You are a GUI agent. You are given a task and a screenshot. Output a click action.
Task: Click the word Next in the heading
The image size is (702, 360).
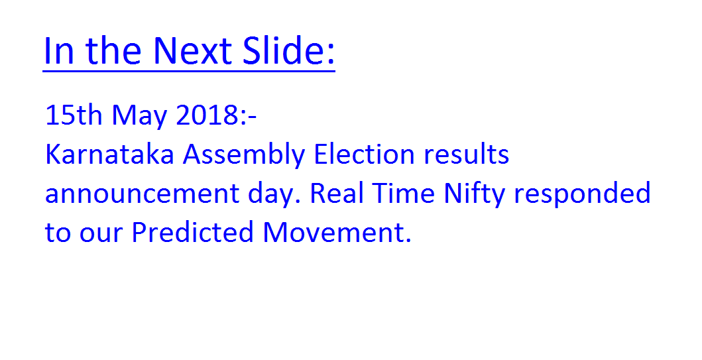192,50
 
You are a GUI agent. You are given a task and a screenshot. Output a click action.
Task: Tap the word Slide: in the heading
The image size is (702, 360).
289,50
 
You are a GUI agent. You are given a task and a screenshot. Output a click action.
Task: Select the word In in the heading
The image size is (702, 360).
58,50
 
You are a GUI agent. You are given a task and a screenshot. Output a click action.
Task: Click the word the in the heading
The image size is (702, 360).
113,50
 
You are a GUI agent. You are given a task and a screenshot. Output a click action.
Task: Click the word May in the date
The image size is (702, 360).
140,117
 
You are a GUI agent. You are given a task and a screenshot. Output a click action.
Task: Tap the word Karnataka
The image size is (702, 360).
109,154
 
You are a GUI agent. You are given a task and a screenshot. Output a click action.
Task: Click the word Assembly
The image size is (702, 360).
244,156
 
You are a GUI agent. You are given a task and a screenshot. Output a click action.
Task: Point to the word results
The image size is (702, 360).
466,154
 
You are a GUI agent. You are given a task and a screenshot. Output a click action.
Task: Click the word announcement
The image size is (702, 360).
143,194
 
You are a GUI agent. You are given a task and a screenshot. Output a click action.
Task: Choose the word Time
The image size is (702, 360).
404,193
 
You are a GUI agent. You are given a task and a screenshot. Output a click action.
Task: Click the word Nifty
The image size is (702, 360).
474,195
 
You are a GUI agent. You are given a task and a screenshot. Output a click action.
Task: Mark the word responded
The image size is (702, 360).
582,195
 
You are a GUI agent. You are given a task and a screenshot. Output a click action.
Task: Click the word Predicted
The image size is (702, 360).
192,232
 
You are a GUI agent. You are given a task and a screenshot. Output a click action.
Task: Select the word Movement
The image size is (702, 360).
337,233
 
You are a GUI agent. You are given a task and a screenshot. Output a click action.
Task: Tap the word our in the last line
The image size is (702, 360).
101,234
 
